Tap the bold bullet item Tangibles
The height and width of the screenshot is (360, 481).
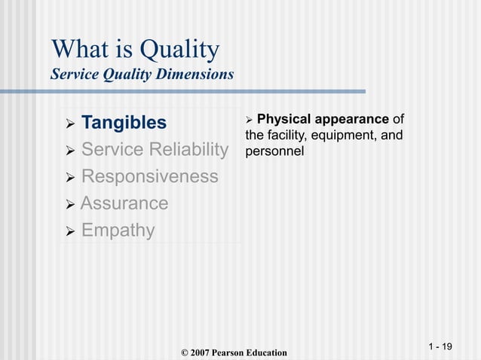pos(124,122)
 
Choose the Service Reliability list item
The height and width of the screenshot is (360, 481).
pos(154,149)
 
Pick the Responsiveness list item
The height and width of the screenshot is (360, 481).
pos(149,176)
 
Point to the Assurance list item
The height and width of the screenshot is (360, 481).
pos(124,203)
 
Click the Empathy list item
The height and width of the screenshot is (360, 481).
pos(118,230)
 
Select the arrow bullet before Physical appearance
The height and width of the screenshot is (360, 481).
pos(250,119)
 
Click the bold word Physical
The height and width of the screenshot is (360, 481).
pos(280,119)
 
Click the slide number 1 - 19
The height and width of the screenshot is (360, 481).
pos(440,346)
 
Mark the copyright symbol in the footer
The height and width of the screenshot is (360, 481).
pos(185,352)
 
